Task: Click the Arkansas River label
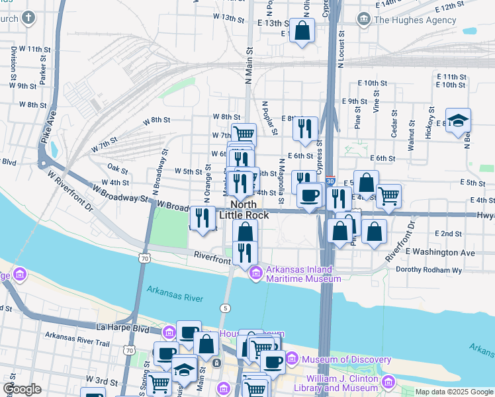[x=175, y=294]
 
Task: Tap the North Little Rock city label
[x=243, y=210]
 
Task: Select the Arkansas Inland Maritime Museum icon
[x=256, y=273]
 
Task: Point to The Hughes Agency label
[x=415, y=20]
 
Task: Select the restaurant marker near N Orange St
[x=203, y=218]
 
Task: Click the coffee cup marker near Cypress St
[x=309, y=195]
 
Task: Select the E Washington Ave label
[x=440, y=252]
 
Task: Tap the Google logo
[x=22, y=389]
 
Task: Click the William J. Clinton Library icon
[x=388, y=382]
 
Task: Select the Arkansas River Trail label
[x=73, y=341]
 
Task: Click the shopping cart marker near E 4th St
[x=388, y=195]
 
